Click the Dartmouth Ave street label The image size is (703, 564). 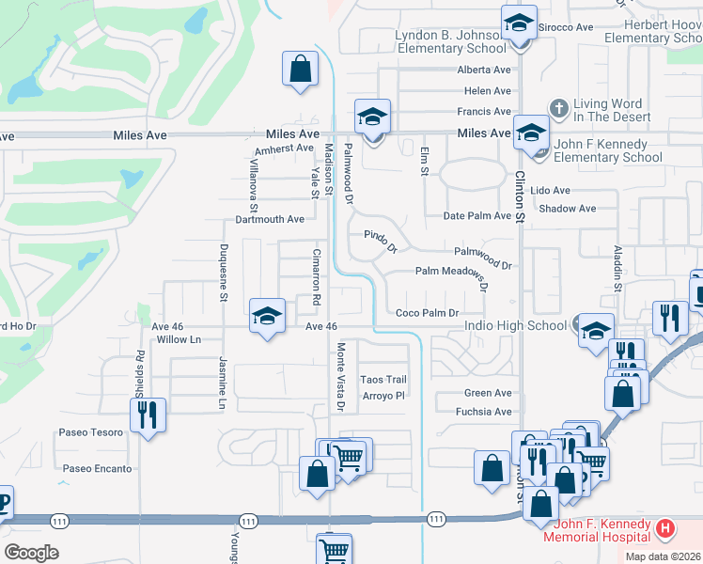coord(270,220)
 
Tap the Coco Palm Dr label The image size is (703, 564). coord(427,313)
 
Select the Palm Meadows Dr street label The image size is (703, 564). coord(455,273)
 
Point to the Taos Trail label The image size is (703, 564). coord(383,380)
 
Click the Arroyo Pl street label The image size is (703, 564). coord(383,396)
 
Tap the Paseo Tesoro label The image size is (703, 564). coord(92,432)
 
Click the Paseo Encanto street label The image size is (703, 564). coord(98,468)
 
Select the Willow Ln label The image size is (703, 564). coord(180,339)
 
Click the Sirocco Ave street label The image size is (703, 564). coord(565,27)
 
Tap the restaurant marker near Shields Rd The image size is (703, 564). coord(148,415)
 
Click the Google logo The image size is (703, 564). coord(31,553)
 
